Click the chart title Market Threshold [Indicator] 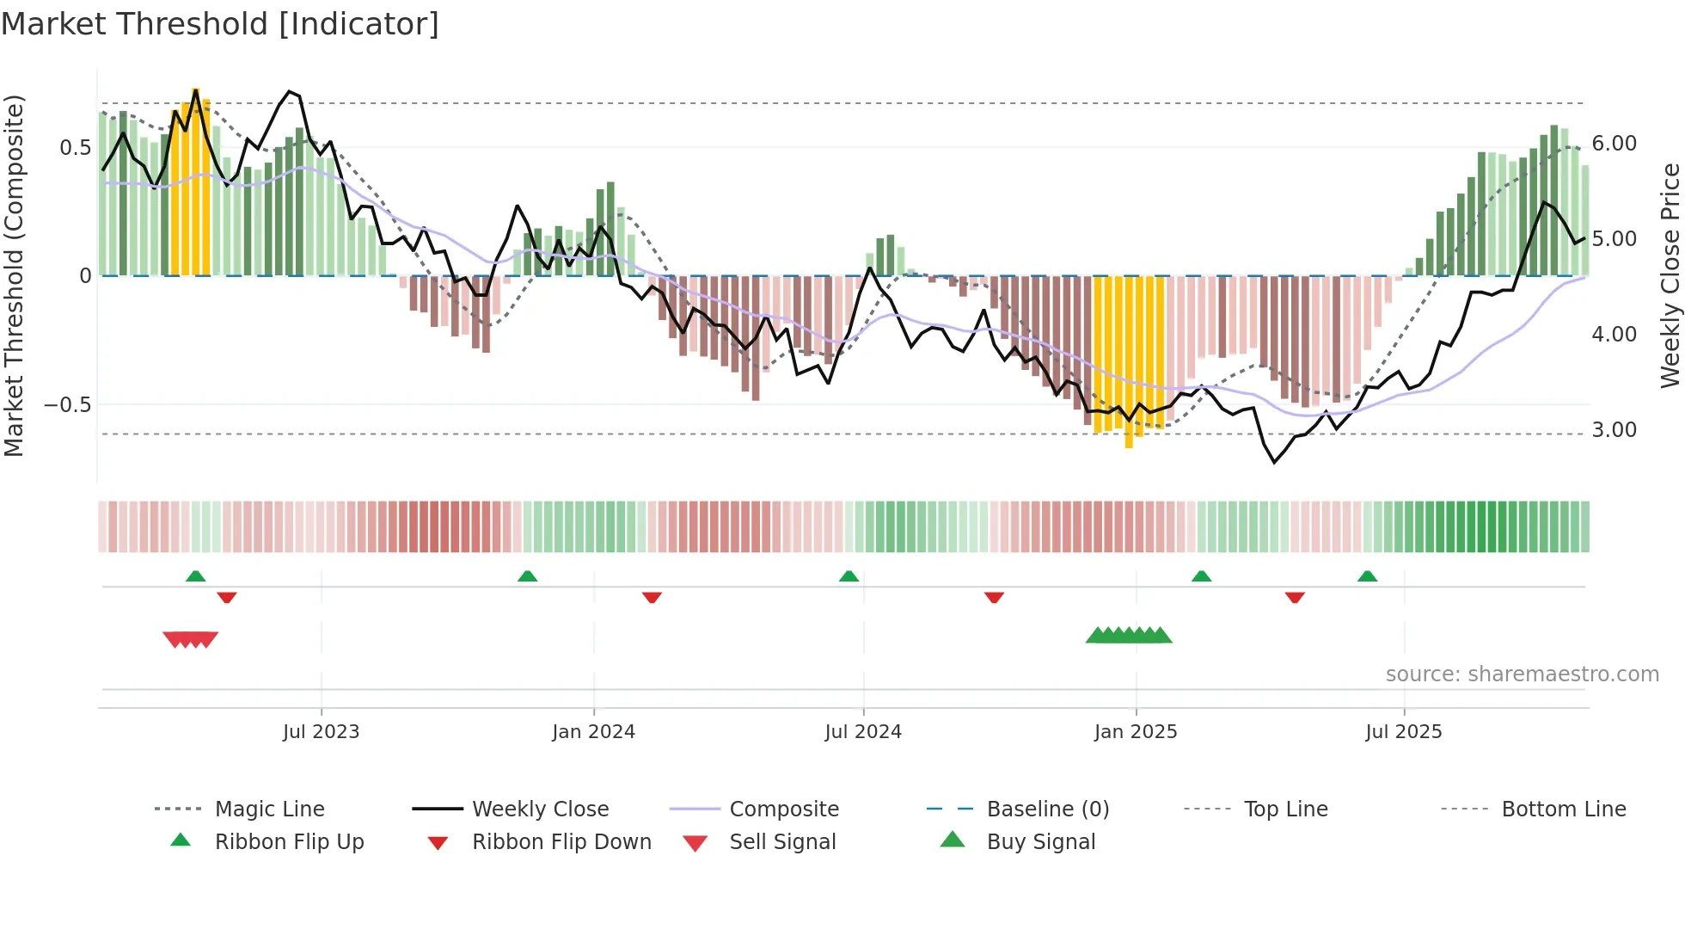coord(220,24)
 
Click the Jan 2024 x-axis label coord(593,732)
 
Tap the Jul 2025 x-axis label coord(1403,732)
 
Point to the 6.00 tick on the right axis coord(1614,144)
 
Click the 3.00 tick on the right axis coord(1614,430)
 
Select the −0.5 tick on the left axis coord(68,405)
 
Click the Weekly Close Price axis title coord(1670,275)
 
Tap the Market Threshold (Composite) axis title coord(14,275)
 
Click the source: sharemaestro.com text coord(1522,674)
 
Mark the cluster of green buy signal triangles coord(1129,636)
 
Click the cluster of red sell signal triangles coord(191,639)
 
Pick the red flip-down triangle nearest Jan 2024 coord(652,597)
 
